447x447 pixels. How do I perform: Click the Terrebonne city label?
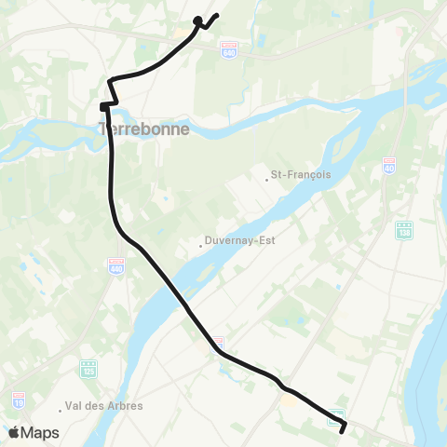point(144,129)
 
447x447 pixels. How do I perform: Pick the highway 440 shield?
point(116,264)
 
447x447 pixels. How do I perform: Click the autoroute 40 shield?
point(388,166)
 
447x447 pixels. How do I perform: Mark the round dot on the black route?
point(197,20)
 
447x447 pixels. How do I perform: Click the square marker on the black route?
point(104,107)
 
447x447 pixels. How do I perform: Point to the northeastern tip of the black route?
point(217,14)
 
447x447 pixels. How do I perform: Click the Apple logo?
point(15,432)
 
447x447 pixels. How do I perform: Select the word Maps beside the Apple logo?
point(41,433)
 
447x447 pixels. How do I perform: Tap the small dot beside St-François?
point(266,179)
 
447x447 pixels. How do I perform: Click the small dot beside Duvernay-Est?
point(201,246)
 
